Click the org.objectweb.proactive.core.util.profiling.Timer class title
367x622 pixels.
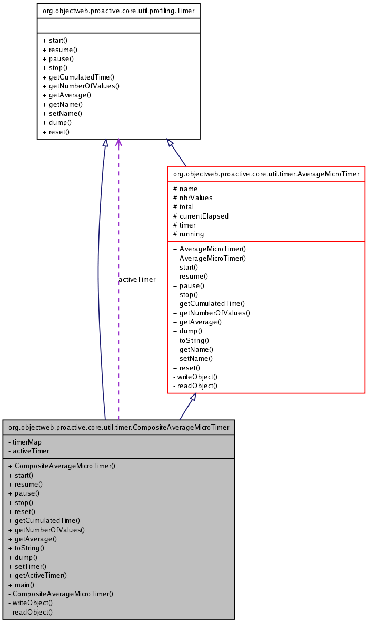click(118, 11)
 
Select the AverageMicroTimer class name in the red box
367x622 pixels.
click(266, 174)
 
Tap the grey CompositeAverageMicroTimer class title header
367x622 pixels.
click(118, 427)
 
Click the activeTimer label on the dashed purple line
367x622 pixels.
click(137, 280)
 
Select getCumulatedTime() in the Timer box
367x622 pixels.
click(78, 77)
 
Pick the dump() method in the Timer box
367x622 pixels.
click(57, 122)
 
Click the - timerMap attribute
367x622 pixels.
click(25, 442)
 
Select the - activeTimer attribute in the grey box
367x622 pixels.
click(29, 451)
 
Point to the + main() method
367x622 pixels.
click(21, 585)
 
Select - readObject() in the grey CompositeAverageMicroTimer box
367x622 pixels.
click(31, 612)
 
